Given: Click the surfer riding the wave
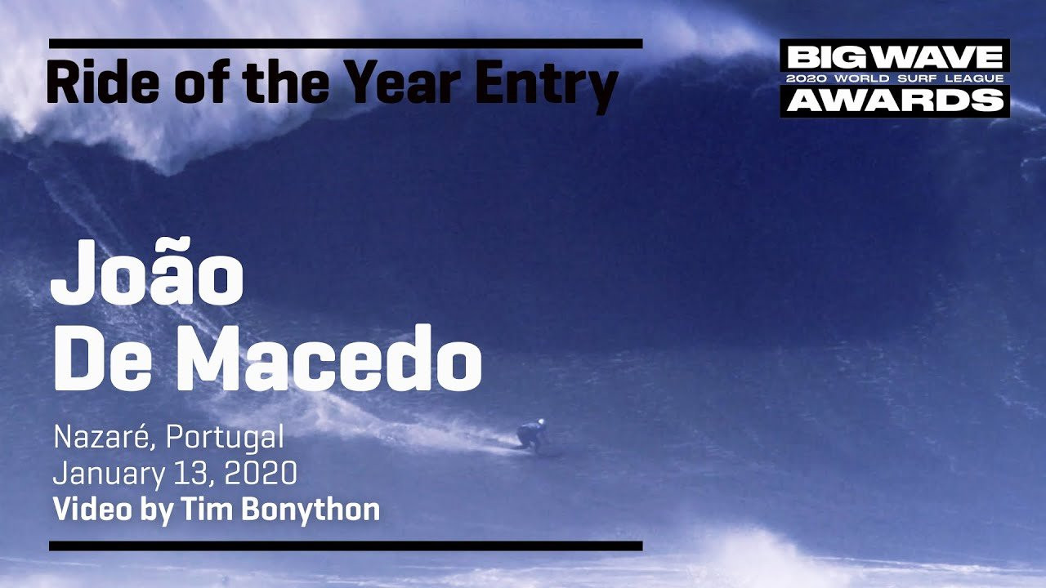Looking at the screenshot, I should tap(531, 435).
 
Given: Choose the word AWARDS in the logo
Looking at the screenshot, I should tap(895, 100).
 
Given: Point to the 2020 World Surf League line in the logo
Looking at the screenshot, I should tap(895, 78).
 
